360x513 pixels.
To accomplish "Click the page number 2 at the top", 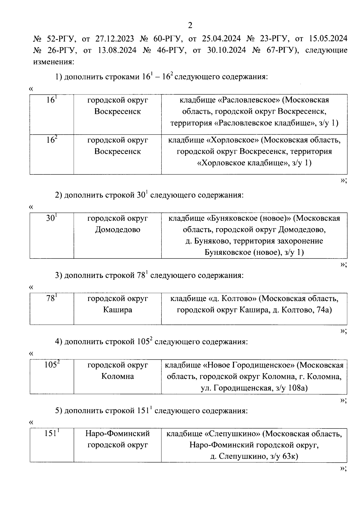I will point(190,26).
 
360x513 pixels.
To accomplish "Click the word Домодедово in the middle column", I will point(118,230).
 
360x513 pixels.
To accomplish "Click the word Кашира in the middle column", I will point(118,310).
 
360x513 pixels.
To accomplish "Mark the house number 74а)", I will point(324,310).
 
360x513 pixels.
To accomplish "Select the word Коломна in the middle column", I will point(118,376).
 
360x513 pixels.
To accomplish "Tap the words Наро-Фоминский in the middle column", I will point(118,434).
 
